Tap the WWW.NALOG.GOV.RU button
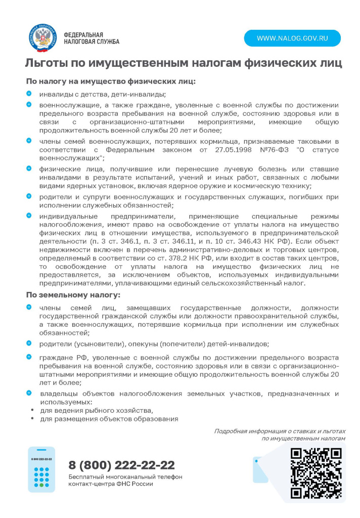click(292, 38)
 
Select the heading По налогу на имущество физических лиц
click(111, 81)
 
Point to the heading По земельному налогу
click(73, 294)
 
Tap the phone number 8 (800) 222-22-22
click(121, 465)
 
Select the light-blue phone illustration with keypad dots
click(41, 469)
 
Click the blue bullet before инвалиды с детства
click(29, 94)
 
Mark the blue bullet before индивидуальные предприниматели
click(29, 215)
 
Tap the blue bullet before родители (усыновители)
click(29, 343)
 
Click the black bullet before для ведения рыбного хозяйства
click(33, 410)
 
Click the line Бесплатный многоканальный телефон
click(125, 477)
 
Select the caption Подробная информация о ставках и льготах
click(280, 431)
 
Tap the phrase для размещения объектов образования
click(109, 419)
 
